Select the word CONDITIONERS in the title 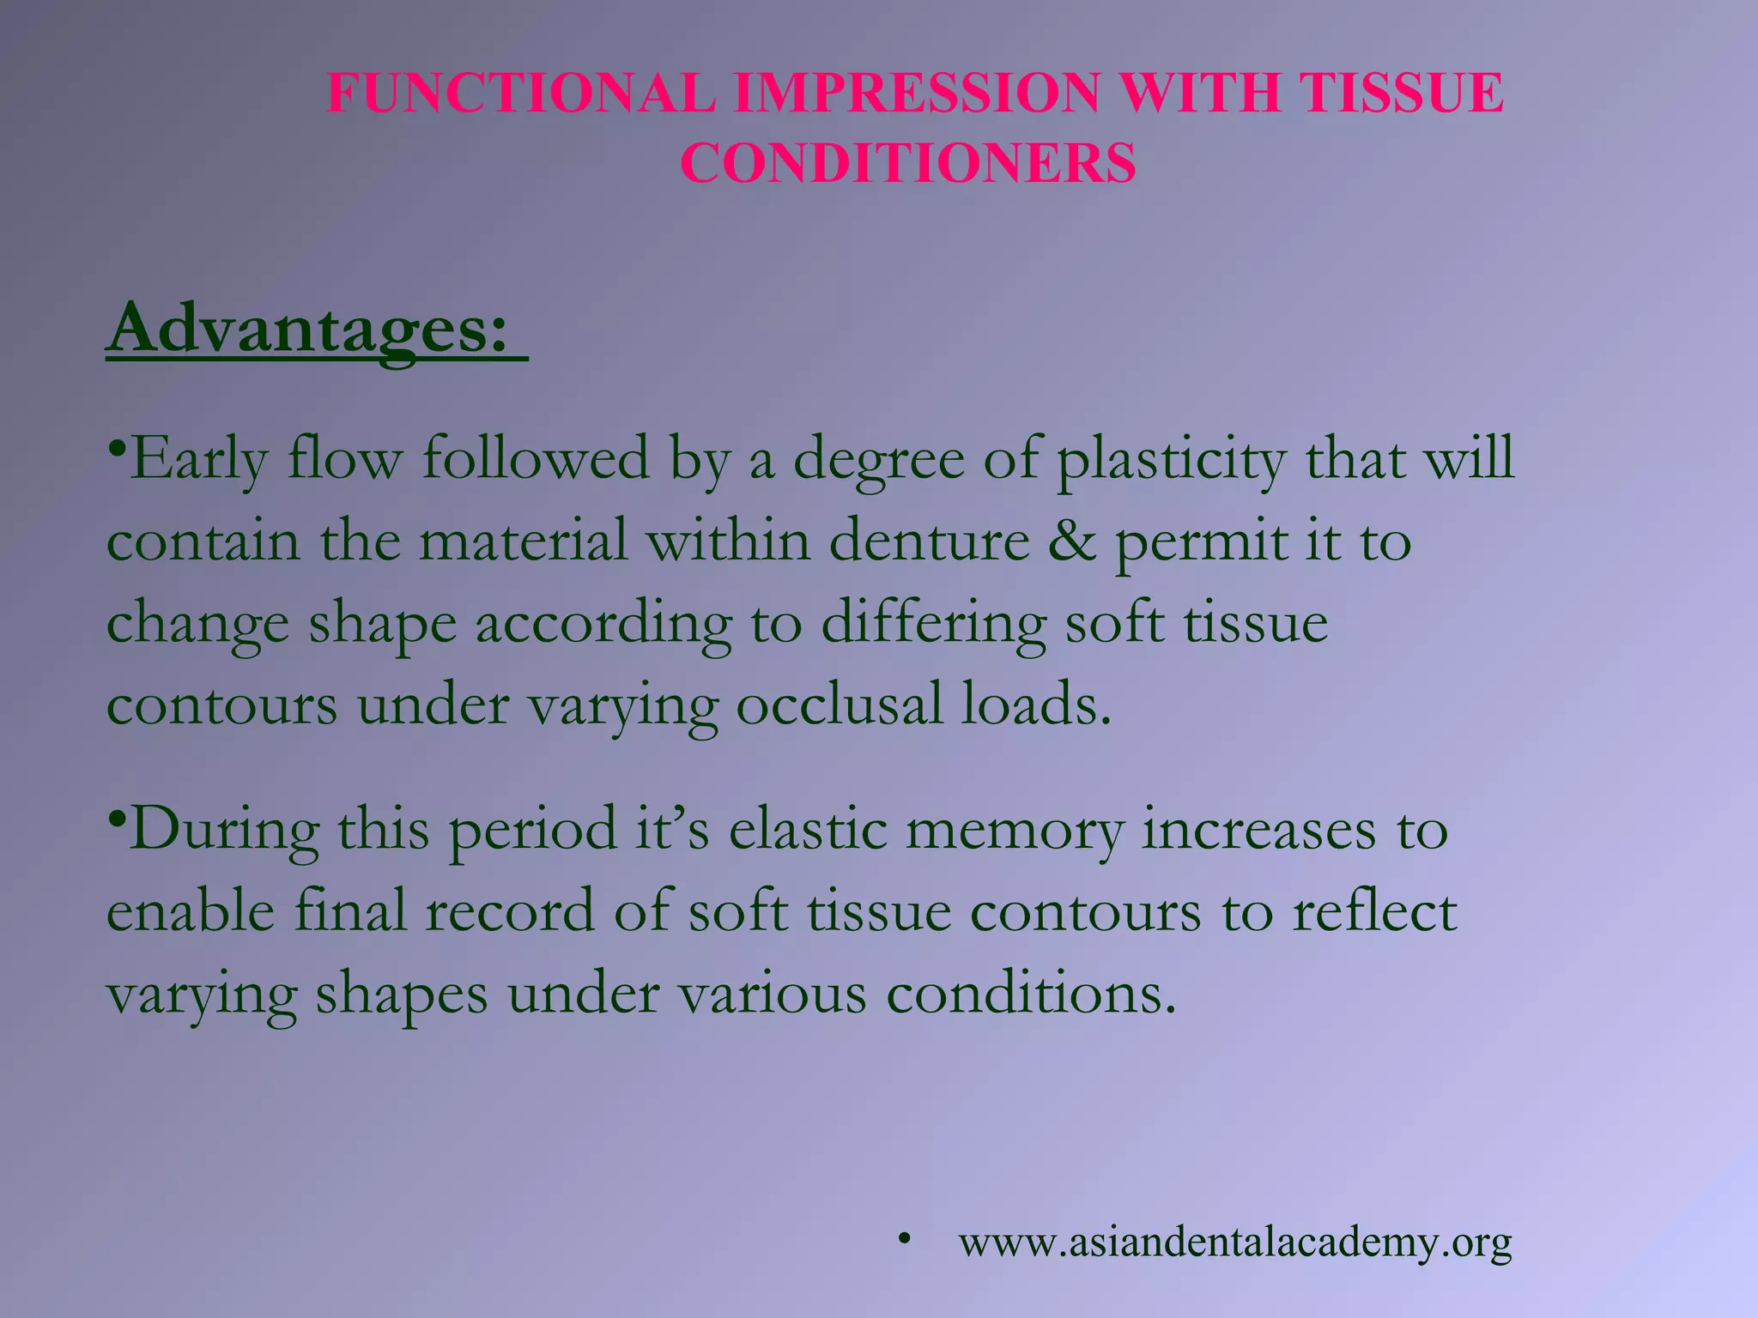click(908, 163)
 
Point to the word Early click(199, 460)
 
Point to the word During click(225, 831)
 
